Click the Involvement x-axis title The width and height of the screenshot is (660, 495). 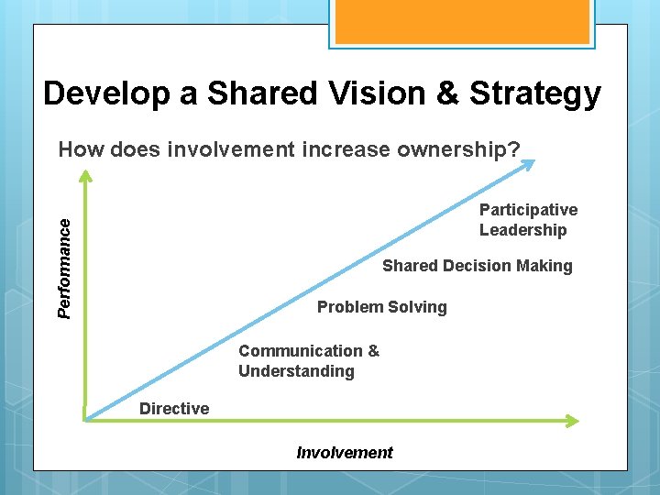pyautogui.click(x=345, y=452)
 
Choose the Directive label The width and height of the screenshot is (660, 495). pyautogui.click(x=174, y=409)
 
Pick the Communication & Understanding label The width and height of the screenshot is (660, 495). pyautogui.click(x=308, y=361)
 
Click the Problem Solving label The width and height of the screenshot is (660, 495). pyautogui.click(x=381, y=307)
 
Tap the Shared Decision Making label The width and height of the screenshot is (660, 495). pyautogui.click(x=477, y=266)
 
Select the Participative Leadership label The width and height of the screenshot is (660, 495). pyautogui.click(x=527, y=220)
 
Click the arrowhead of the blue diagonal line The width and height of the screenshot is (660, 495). pyautogui.click(x=530, y=164)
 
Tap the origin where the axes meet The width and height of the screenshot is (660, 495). pyautogui.click(x=85, y=420)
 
